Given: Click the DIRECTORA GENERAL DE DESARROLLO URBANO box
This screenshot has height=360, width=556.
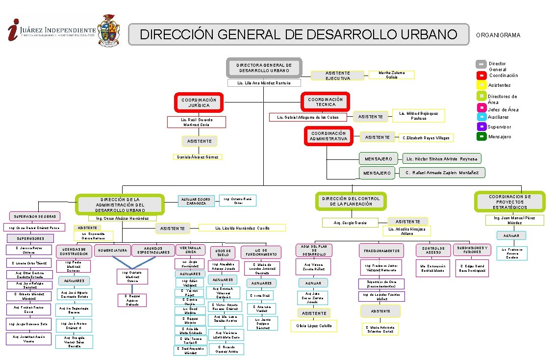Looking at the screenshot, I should [264, 68].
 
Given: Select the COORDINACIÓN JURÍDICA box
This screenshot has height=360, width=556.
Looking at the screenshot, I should [199, 103].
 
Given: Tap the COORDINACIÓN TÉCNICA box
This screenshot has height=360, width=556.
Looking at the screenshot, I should [326, 102].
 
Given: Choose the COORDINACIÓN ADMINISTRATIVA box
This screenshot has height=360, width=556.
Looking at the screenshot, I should [329, 136].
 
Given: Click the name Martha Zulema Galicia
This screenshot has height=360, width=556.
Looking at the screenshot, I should [392, 75].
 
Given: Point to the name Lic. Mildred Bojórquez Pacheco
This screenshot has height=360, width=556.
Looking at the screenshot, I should [419, 115].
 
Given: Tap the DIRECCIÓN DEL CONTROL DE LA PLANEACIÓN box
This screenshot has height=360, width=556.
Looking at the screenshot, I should [351, 201].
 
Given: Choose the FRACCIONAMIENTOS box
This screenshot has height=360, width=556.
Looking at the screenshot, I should [381, 251].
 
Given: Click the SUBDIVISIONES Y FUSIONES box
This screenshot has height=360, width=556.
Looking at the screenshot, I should [472, 250].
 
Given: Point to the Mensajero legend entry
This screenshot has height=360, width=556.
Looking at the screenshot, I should [499, 137].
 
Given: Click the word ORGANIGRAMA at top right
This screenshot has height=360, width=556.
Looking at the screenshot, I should [498, 35].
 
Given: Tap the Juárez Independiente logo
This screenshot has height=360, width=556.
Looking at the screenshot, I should [52, 31].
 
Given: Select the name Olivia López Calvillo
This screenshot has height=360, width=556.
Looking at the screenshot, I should [314, 326].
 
